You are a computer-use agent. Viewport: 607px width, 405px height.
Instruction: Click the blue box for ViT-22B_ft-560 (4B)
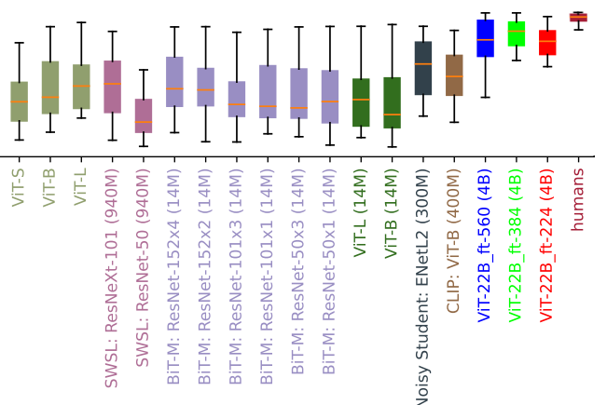point(485,38)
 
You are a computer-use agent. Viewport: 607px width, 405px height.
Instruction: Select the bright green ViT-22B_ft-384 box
point(516,34)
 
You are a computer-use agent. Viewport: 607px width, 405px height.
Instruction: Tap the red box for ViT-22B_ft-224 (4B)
point(547,43)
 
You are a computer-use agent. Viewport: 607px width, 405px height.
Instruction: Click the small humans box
point(578,17)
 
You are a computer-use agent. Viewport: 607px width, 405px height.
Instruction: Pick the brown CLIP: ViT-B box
point(454,75)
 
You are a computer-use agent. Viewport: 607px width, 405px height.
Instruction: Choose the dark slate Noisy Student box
point(422,68)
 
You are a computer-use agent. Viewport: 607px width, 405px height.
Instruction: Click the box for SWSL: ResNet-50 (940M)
point(144,115)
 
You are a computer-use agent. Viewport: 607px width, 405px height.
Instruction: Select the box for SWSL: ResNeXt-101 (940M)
point(112,87)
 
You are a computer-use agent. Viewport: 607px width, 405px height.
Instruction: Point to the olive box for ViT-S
point(19,101)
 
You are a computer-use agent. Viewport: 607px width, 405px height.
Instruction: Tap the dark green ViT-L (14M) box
point(361,102)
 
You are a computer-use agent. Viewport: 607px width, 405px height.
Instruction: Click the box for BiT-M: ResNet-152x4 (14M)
point(174,82)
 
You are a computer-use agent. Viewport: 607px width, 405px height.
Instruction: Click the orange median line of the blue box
point(485,40)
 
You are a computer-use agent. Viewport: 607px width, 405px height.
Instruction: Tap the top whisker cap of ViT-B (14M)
point(392,27)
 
